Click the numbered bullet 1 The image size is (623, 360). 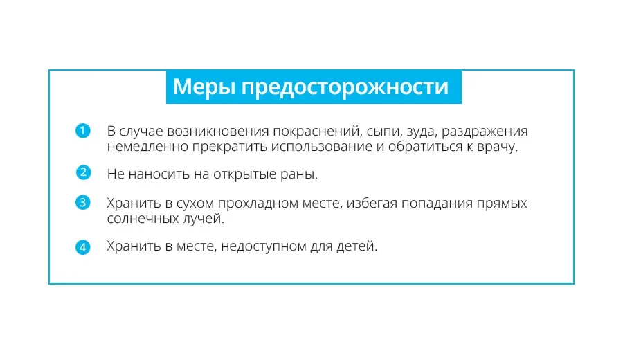pos(82,131)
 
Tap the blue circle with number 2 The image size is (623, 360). pos(83,172)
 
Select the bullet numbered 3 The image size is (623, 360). pos(82,202)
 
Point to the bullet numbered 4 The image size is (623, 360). pos(82,247)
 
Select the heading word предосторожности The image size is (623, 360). pos(345,87)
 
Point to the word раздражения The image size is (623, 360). pos(485,132)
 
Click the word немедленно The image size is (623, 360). pos(147,147)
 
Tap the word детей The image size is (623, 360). pos(356,246)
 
